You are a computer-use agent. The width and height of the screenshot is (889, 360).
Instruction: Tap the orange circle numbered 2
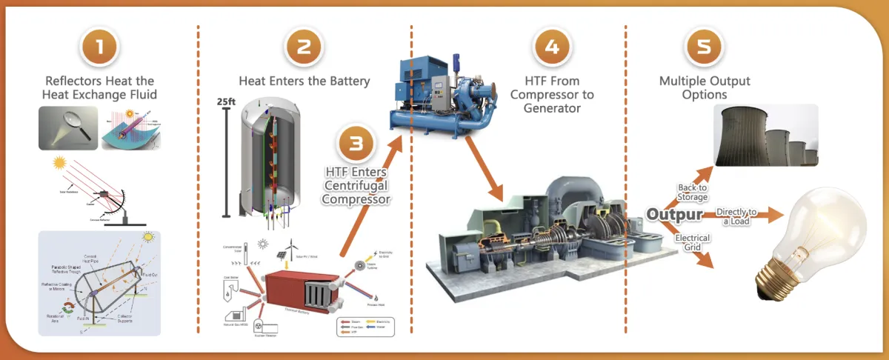(304, 47)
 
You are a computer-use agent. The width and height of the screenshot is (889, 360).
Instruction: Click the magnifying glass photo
(68, 127)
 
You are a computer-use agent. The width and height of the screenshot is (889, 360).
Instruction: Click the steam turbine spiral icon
(360, 267)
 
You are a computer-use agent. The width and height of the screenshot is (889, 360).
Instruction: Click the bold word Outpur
(675, 214)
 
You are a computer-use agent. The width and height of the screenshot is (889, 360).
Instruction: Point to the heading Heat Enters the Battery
(304, 81)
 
